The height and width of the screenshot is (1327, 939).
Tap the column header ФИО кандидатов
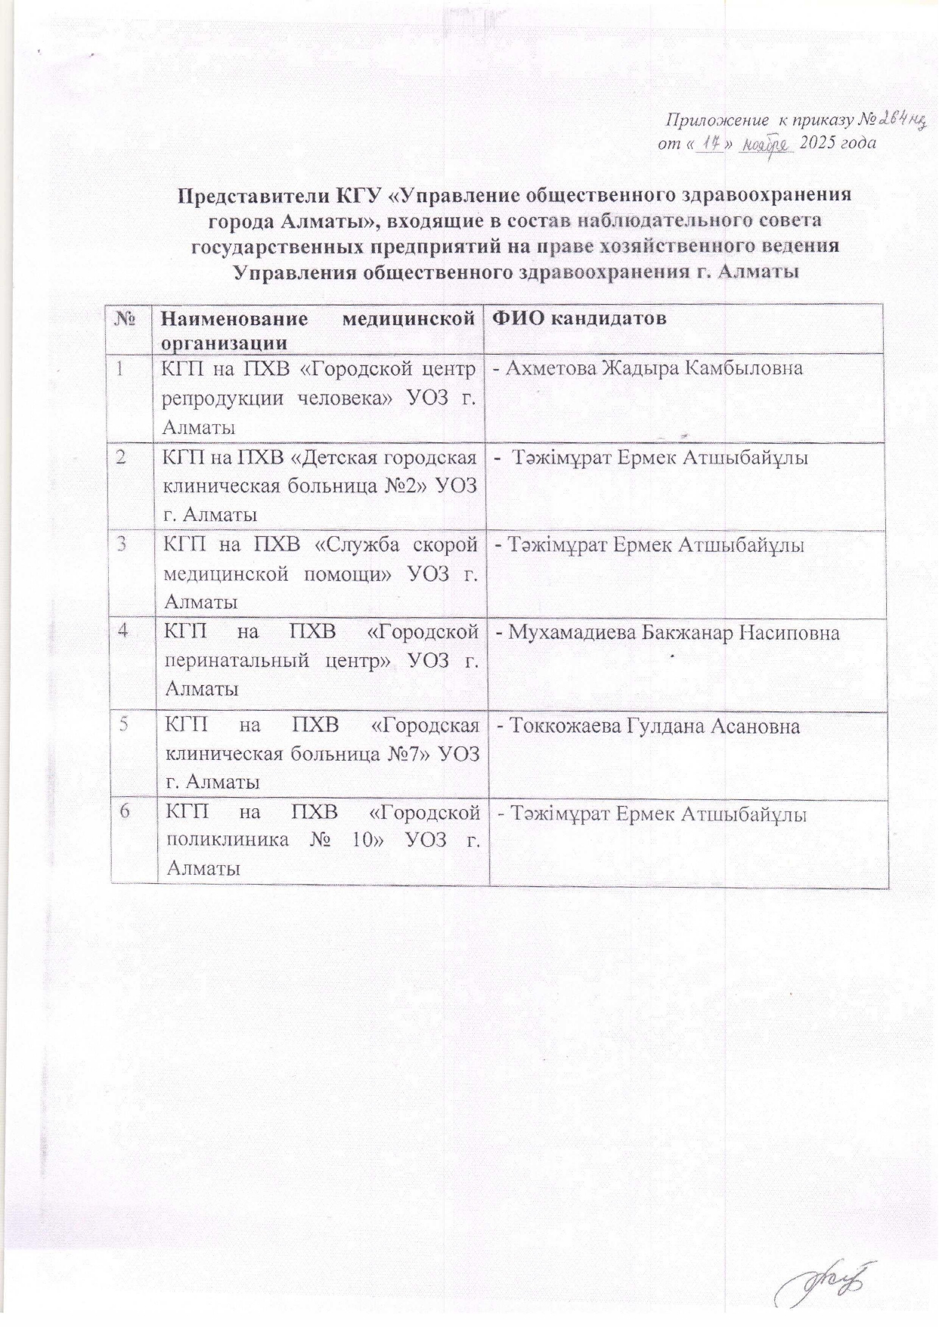tap(580, 318)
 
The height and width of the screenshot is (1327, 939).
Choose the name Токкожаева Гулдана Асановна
tap(648, 727)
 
